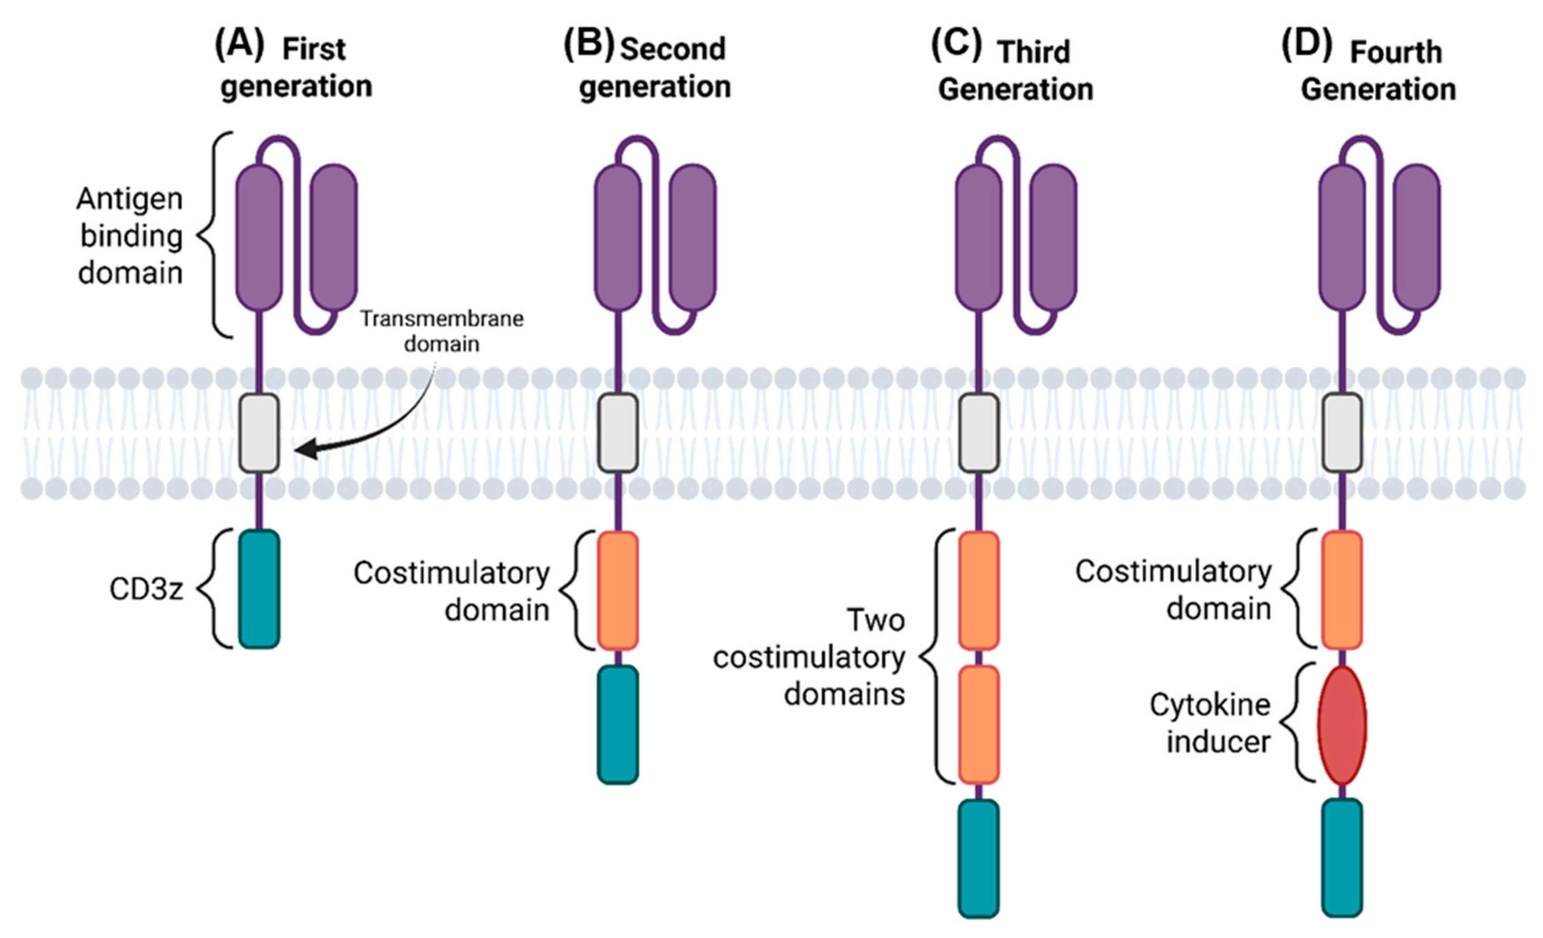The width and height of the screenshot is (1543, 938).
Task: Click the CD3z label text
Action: (x=147, y=589)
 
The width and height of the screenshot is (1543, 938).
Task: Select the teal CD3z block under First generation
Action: (x=259, y=589)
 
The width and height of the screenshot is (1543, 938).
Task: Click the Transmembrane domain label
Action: (x=442, y=331)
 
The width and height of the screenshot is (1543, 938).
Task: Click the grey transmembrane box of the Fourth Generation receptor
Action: (x=1342, y=433)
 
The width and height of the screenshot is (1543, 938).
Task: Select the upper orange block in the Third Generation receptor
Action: (x=979, y=590)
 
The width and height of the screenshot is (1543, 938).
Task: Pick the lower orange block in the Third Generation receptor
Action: (x=979, y=724)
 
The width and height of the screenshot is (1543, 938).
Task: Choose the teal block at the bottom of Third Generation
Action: (x=979, y=858)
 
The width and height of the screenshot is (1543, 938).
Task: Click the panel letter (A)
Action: (x=239, y=45)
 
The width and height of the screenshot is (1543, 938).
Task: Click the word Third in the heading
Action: (x=1034, y=52)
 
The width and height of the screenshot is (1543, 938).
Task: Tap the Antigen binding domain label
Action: (x=130, y=236)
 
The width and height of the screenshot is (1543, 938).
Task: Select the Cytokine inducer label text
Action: (x=1210, y=723)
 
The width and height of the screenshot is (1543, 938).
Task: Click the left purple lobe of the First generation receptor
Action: (x=259, y=237)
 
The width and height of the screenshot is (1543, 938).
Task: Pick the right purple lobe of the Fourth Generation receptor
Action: (x=1417, y=237)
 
